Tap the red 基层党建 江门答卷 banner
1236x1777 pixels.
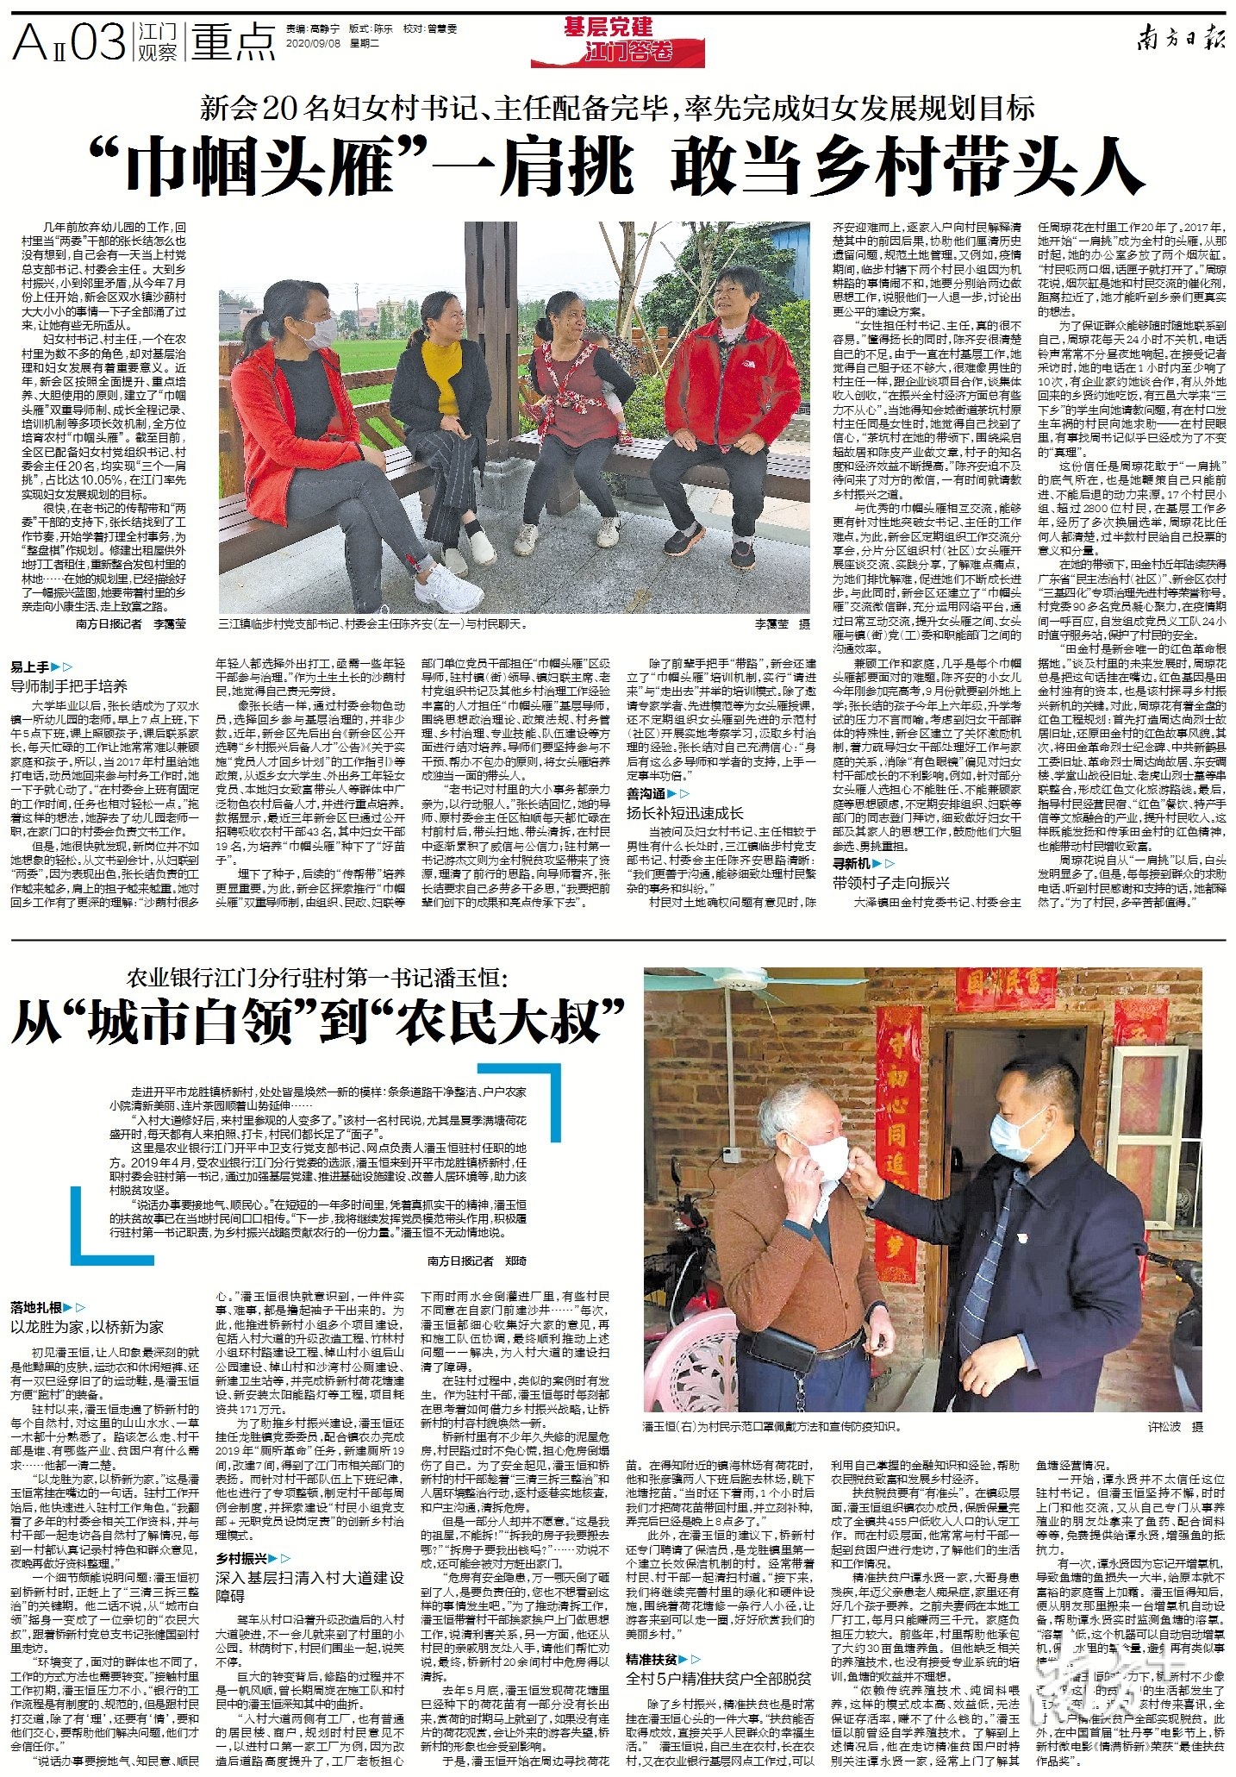[x=617, y=41]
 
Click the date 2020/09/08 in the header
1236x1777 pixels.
[x=313, y=42]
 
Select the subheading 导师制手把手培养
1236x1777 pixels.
[x=69, y=686]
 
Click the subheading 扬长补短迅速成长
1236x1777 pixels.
[x=684, y=812]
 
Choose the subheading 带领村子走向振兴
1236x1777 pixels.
[x=890, y=882]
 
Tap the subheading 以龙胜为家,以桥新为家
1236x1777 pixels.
[x=87, y=1327]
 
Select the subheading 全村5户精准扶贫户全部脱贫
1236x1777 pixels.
[x=718, y=1679]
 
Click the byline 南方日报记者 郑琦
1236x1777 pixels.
[x=477, y=1261]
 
